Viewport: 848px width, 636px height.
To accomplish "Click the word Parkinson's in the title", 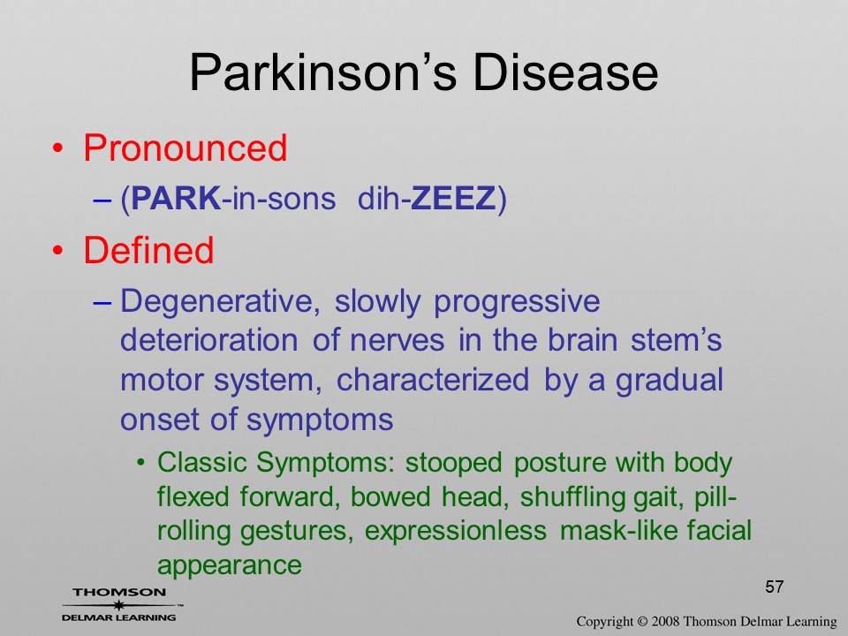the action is tap(323, 72).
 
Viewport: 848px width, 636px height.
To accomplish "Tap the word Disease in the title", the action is tap(565, 72).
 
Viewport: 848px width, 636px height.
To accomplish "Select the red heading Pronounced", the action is tap(185, 148).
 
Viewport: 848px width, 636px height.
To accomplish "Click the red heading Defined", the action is tap(148, 250).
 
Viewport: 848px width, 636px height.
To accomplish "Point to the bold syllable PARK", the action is tap(176, 198).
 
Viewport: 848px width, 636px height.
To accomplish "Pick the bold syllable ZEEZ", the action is tap(453, 198).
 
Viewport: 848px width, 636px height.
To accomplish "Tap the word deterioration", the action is tap(208, 340).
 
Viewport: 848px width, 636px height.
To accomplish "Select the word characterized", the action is tap(433, 380).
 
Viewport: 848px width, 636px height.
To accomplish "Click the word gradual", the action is tap(670, 381).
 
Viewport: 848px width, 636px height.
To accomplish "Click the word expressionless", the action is tap(456, 532).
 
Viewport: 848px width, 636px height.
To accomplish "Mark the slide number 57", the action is tap(775, 587).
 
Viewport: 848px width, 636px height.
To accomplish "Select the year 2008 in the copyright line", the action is tap(665, 621).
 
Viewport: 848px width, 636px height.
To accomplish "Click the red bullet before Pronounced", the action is tap(58, 148).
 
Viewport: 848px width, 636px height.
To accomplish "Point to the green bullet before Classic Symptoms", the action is tap(141, 464).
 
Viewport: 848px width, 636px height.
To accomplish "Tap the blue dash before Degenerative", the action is tap(102, 302).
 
